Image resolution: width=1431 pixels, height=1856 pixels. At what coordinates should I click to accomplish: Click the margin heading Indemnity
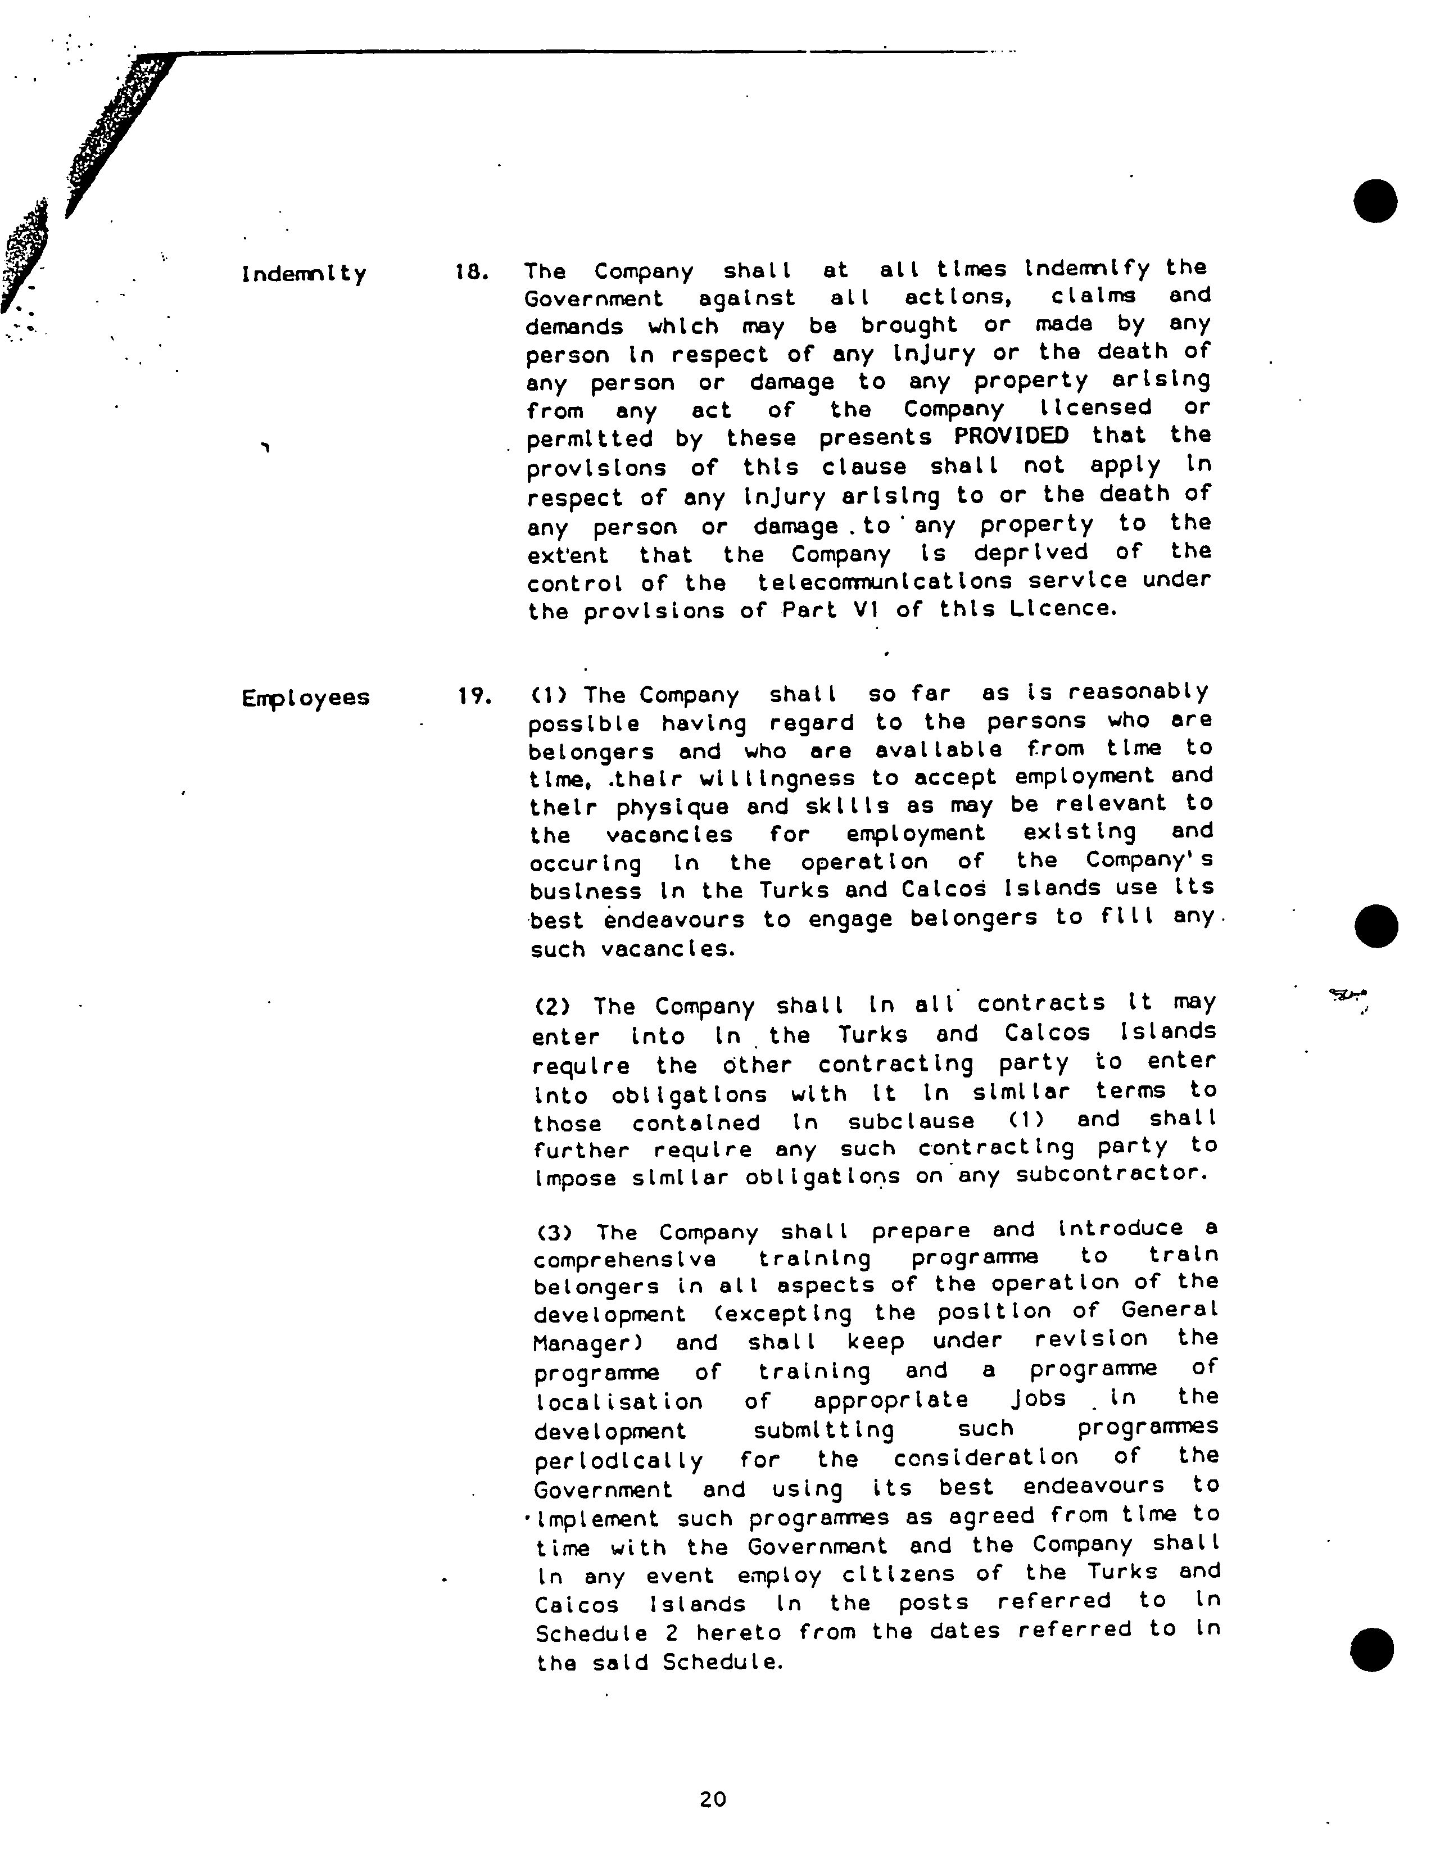[304, 274]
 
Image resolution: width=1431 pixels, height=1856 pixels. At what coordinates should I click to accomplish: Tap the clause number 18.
[472, 272]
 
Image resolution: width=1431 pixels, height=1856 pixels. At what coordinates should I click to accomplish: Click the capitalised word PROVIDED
[1011, 436]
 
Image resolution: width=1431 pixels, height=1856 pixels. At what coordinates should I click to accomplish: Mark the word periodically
[619, 1460]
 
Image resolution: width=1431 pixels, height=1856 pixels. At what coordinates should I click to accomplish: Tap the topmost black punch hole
[1375, 201]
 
